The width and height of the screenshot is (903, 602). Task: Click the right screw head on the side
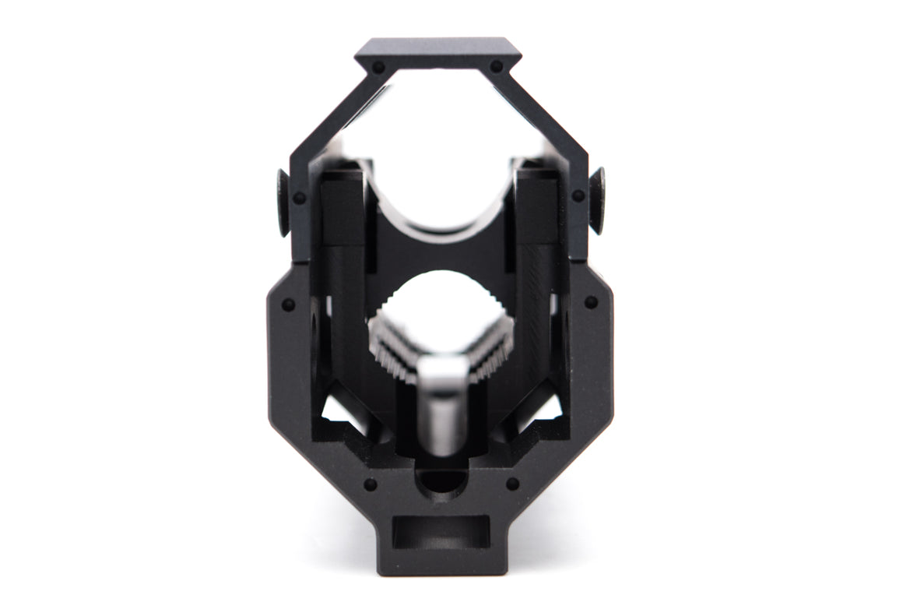[598, 200]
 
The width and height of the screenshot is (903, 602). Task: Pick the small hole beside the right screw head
[578, 195]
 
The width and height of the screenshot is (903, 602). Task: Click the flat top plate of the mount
[437, 51]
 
